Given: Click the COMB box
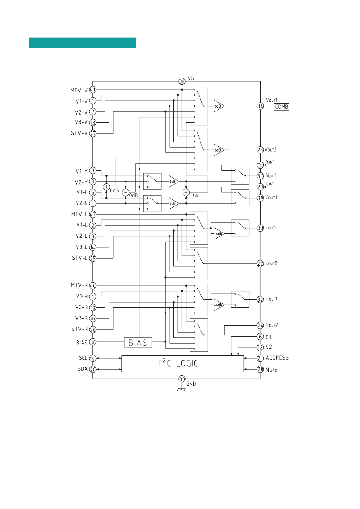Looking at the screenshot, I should [x=281, y=106].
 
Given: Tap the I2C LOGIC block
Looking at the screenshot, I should [x=182, y=364].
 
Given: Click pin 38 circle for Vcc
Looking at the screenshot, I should [x=182, y=81].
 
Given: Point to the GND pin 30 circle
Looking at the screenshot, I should [x=182, y=379].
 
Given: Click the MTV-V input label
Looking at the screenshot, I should [x=79, y=90].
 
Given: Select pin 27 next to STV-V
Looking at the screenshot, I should [x=93, y=134].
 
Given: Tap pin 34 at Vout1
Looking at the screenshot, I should [x=260, y=106].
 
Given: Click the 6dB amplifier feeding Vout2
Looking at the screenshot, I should [x=219, y=149].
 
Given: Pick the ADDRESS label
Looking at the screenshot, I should [x=277, y=358].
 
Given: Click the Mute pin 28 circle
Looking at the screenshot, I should [x=260, y=370].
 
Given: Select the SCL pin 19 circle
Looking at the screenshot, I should [x=93, y=358].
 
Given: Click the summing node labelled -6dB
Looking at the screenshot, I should [x=186, y=192].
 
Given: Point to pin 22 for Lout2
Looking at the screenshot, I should [x=260, y=264].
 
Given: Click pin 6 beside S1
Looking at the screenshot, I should [x=260, y=337].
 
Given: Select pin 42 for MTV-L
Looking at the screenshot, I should [x=93, y=214].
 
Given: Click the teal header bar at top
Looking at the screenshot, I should [x=82, y=43].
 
